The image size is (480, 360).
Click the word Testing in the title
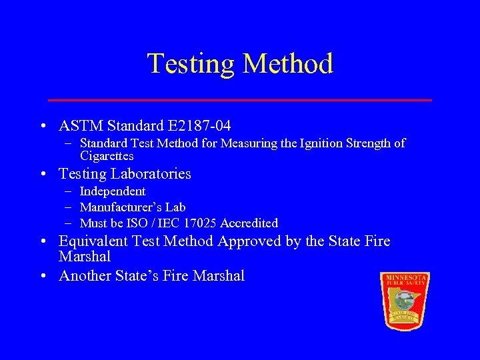click(x=191, y=64)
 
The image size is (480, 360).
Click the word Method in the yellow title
click(x=288, y=64)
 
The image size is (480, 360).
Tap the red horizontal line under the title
click(x=240, y=100)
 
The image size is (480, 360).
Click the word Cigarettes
click(x=107, y=156)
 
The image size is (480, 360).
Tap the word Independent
click(x=112, y=191)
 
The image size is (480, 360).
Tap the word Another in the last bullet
click(x=85, y=276)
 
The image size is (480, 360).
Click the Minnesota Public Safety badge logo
click(x=404, y=300)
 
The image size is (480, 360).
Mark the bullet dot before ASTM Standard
click(x=43, y=126)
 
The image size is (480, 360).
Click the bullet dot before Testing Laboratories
click(x=43, y=175)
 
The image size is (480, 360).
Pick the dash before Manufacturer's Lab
click(x=69, y=207)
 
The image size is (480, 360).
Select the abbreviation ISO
click(x=142, y=223)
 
